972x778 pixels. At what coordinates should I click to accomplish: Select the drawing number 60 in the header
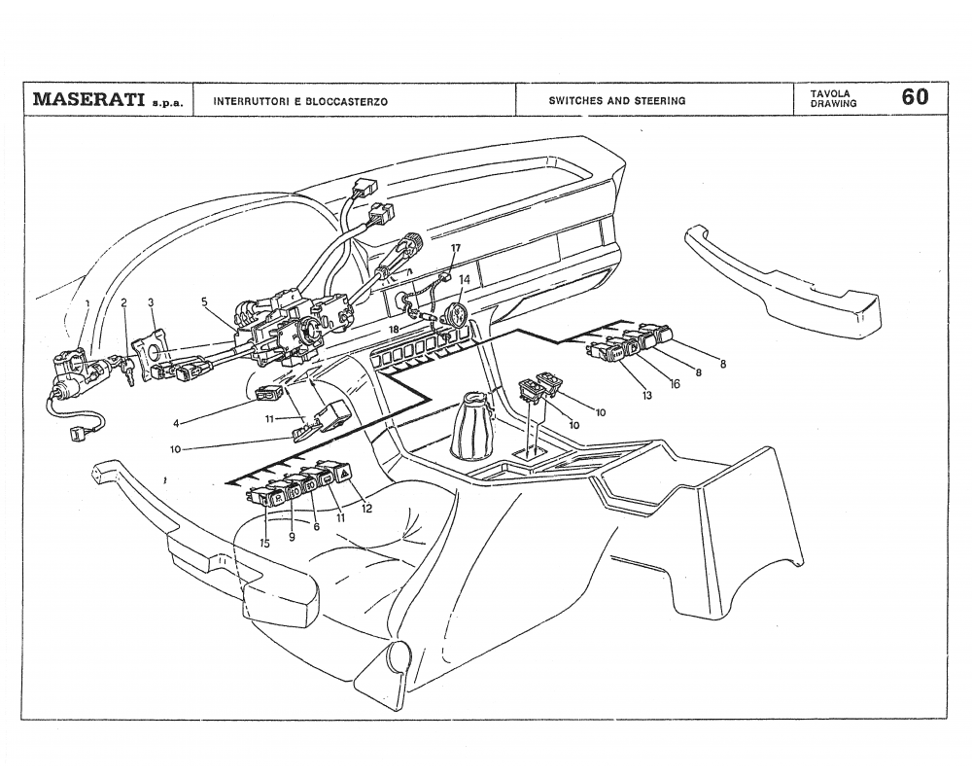[914, 97]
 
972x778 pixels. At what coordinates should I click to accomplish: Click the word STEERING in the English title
[660, 100]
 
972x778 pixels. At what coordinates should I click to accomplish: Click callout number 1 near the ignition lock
[87, 302]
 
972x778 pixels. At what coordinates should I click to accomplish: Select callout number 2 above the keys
[123, 302]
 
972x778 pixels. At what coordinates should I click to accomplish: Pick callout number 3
[151, 302]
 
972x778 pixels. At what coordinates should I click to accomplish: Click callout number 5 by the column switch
[204, 301]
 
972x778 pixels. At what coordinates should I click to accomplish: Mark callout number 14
[465, 279]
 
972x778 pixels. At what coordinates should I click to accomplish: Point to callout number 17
[455, 248]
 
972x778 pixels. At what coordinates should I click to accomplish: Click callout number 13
[645, 394]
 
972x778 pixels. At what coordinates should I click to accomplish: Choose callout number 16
[674, 383]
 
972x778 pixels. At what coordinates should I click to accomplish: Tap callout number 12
[366, 507]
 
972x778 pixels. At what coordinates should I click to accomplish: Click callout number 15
[264, 543]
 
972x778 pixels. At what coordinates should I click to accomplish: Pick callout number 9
[292, 536]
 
